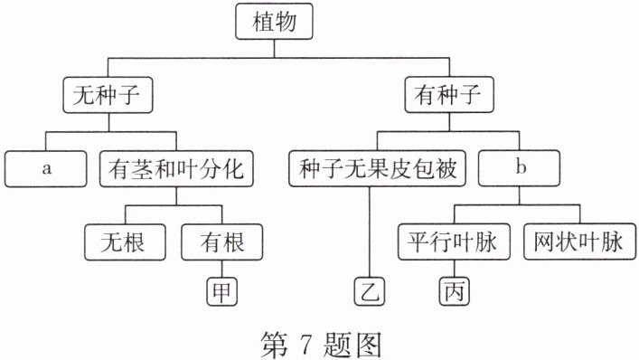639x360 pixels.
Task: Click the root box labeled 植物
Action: (274, 22)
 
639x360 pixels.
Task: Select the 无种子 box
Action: (108, 95)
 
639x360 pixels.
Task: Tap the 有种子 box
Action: (449, 95)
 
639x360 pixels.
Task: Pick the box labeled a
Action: (46, 169)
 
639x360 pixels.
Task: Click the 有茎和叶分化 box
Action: (176, 169)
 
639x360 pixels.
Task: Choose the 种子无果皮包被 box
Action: (377, 168)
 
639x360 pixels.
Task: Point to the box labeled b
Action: (519, 168)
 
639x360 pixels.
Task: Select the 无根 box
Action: (125, 242)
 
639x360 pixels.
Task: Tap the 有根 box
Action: (222, 242)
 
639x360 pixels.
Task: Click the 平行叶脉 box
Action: (454, 242)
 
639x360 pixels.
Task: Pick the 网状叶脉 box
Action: (579, 242)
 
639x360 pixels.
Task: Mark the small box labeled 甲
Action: (222, 291)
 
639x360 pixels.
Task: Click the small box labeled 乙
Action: (370, 291)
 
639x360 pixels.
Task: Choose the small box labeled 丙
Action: (455, 291)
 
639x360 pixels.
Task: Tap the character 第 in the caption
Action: (274, 345)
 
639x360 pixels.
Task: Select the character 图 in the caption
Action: (369, 345)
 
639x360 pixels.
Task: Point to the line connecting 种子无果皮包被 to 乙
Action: (370, 232)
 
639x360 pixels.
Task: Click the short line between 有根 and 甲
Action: (222, 269)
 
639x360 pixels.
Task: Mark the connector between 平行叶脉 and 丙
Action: (455, 269)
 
